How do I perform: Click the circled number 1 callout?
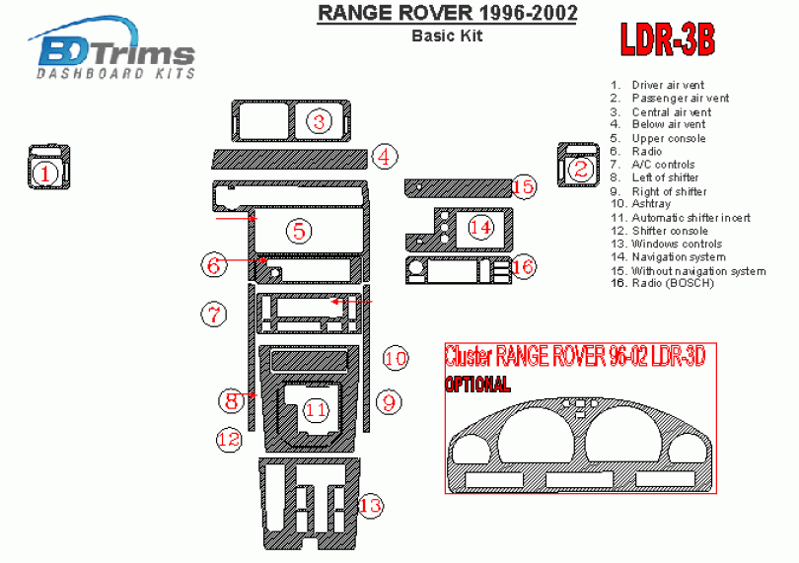tap(43, 174)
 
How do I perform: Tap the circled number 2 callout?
tap(580, 169)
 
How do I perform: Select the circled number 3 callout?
tap(319, 121)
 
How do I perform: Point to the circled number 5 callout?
tap(299, 231)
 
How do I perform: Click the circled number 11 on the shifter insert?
tap(315, 408)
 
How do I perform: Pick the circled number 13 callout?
tap(370, 506)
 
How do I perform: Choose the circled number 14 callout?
tap(480, 228)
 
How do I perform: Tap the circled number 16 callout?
tap(523, 266)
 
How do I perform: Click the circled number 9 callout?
tap(388, 401)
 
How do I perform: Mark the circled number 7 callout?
tap(213, 315)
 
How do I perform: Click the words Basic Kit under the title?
tap(447, 36)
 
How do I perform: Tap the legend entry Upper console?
tap(668, 138)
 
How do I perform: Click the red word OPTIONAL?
tap(477, 384)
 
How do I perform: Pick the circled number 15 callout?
tap(523, 185)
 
